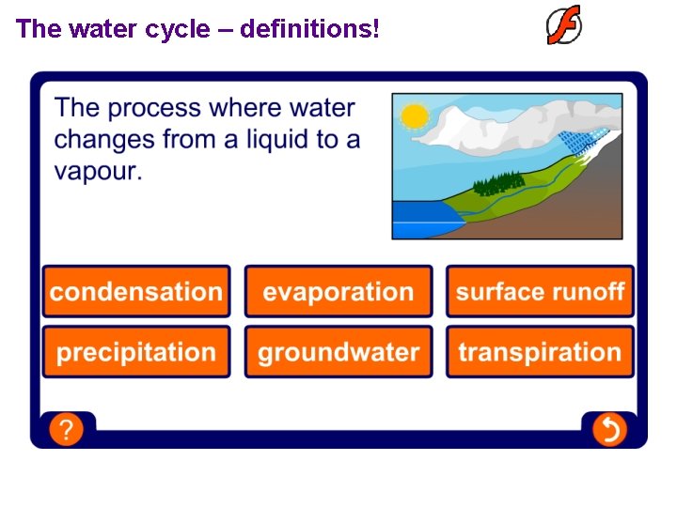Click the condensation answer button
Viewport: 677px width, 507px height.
tap(136, 291)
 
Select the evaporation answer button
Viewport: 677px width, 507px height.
tap(338, 291)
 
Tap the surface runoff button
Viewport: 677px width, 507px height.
tap(540, 291)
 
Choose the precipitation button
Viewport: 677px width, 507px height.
tap(136, 352)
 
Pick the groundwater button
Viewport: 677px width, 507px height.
tap(338, 352)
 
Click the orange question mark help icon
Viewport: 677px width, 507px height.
tap(66, 430)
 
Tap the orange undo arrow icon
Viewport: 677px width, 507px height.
tap(609, 430)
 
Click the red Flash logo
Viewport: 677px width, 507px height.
tap(564, 25)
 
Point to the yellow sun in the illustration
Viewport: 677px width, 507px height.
tap(414, 116)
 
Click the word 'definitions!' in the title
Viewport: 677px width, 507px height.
tap(310, 29)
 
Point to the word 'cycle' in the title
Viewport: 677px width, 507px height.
tap(179, 29)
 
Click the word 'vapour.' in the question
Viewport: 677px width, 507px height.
tap(98, 171)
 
